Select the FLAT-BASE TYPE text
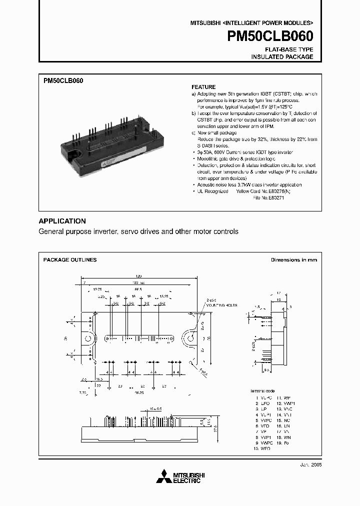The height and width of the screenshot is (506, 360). coord(289,49)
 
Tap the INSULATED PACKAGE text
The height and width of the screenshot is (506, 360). coord(282,57)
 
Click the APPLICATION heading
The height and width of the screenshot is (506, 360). coord(62,221)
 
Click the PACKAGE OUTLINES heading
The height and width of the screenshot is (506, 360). coord(70,260)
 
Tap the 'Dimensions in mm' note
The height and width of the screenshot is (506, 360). coord(294,260)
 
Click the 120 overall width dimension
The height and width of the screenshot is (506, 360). coord(139,276)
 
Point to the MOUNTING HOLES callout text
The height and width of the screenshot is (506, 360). coord(222,305)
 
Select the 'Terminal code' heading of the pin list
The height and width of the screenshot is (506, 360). coord(262,390)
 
